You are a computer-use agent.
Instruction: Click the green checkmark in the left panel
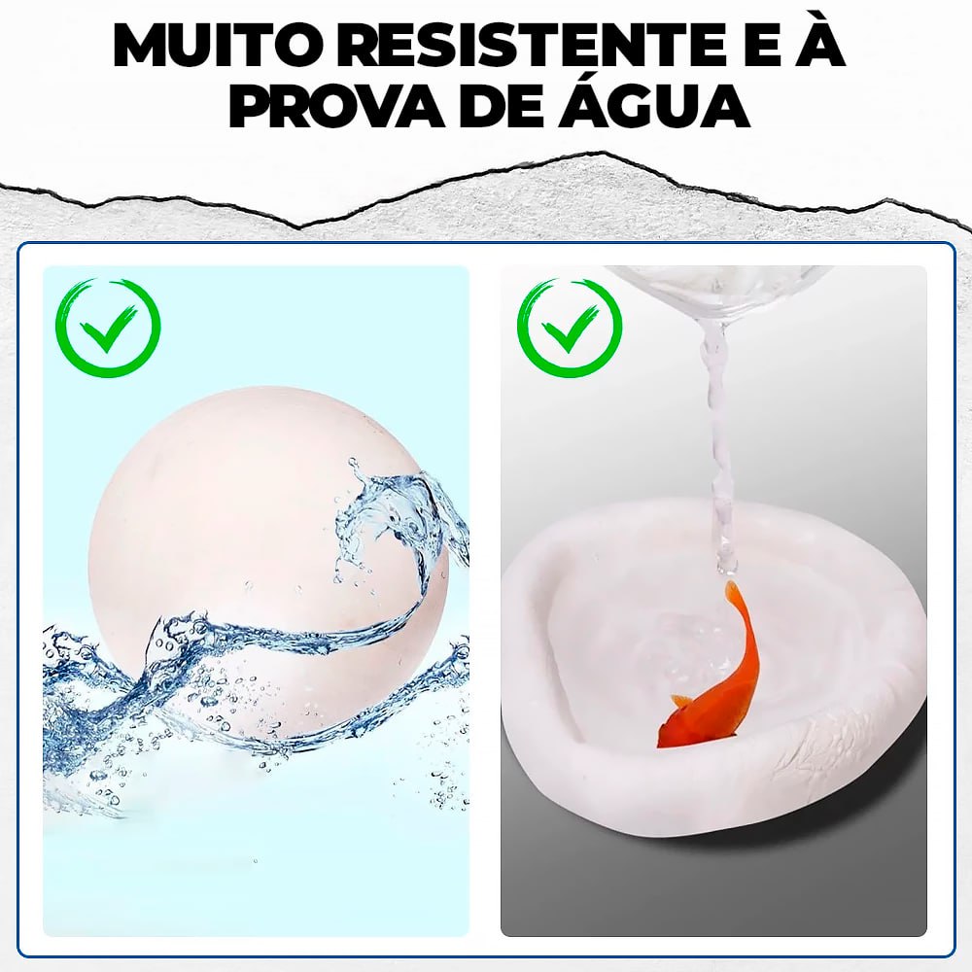(107, 329)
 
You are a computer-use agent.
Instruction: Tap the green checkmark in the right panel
(570, 329)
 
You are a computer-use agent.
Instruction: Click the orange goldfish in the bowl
(715, 680)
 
